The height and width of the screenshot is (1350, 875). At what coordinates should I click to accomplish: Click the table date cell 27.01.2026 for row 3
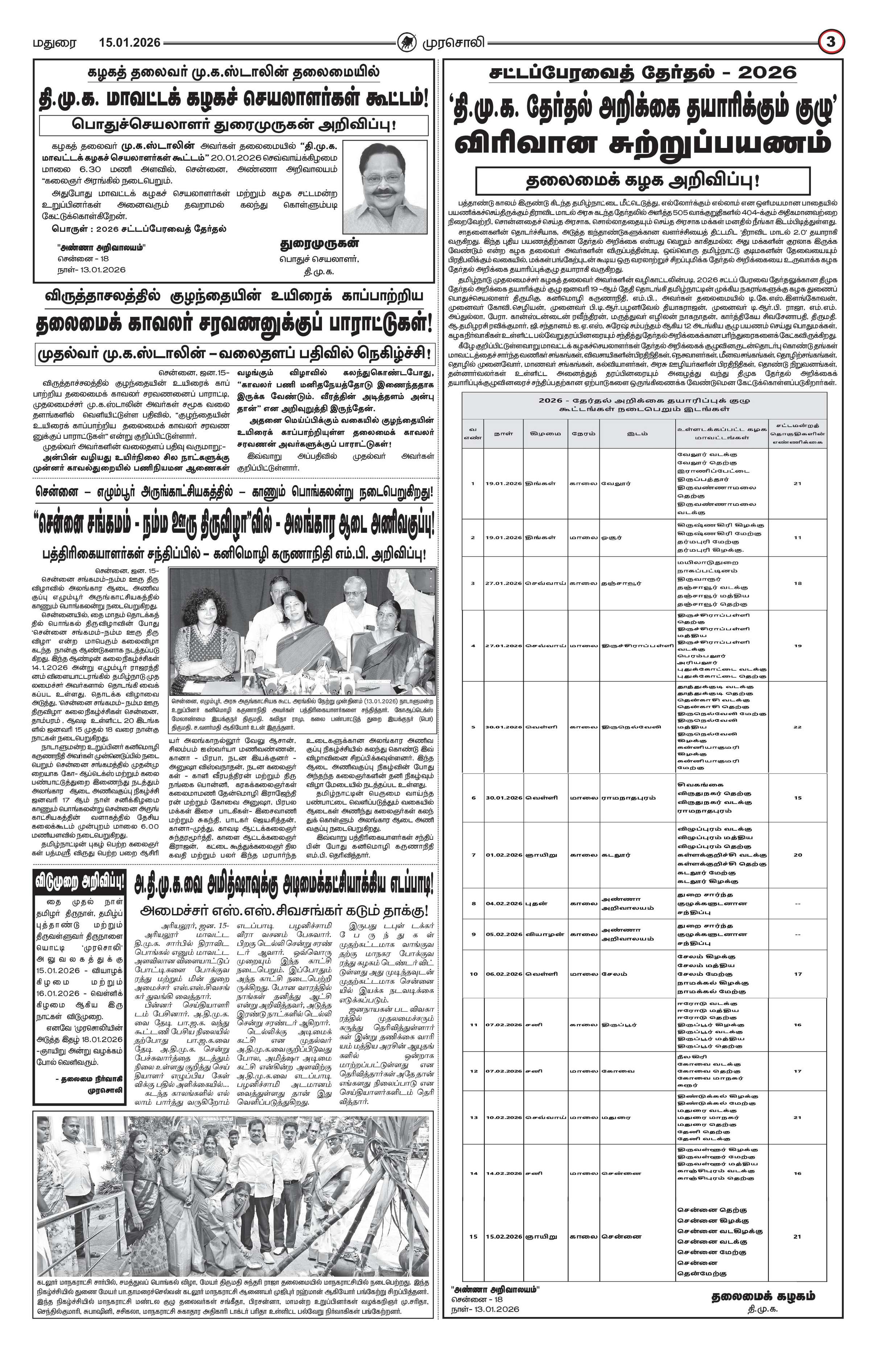(503, 583)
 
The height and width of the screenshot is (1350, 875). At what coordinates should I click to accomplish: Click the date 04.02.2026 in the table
(503, 903)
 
